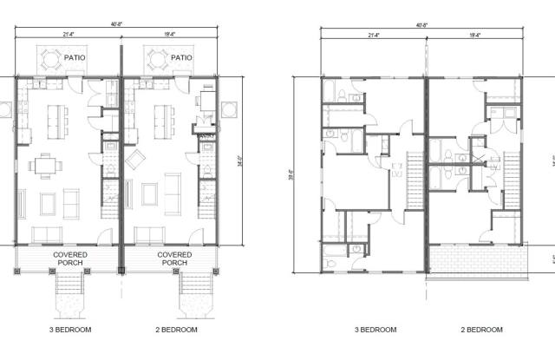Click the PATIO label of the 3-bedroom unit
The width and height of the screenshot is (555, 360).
coord(77,58)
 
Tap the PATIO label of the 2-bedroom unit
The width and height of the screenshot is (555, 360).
coord(181,58)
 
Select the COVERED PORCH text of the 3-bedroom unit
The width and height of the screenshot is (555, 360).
coord(69,259)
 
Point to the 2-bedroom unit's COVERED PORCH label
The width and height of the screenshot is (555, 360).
coord(174,259)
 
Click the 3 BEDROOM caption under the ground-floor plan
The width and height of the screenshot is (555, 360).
coord(71,330)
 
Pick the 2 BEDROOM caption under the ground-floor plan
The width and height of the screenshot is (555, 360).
coord(175,330)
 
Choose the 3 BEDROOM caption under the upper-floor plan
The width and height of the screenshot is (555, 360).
coord(375,330)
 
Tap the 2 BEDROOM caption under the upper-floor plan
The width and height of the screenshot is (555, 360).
coord(480,330)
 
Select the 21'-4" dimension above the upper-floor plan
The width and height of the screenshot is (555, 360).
coord(375,36)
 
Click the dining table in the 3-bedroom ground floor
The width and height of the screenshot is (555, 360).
coord(46,165)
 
